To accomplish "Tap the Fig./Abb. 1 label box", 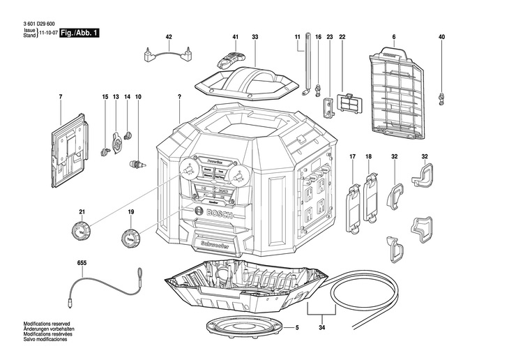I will click(80, 33).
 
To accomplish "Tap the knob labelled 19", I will click(130, 239).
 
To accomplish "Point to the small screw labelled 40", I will click(441, 98).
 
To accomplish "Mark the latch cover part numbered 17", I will click(353, 204).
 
